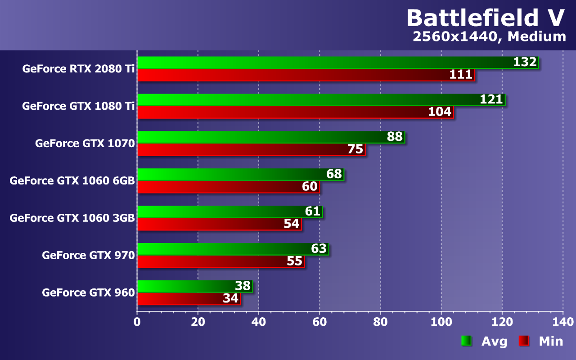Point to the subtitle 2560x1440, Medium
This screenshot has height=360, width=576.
(489, 37)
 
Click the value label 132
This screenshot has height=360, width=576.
(525, 62)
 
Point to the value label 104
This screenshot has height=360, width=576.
(439, 112)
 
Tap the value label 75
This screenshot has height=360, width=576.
(355, 149)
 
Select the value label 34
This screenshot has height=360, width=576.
(231, 298)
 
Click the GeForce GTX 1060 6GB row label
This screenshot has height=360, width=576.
(72, 180)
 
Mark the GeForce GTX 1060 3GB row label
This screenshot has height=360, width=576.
(72, 218)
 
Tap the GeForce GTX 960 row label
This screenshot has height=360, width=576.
(89, 292)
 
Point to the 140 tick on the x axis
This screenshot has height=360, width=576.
(563, 322)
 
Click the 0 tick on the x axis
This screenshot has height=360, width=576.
(137, 322)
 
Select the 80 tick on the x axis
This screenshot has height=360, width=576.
(380, 322)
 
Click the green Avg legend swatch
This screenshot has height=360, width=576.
(466, 341)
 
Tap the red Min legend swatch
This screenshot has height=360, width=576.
(524, 341)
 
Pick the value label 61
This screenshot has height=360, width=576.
(312, 211)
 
